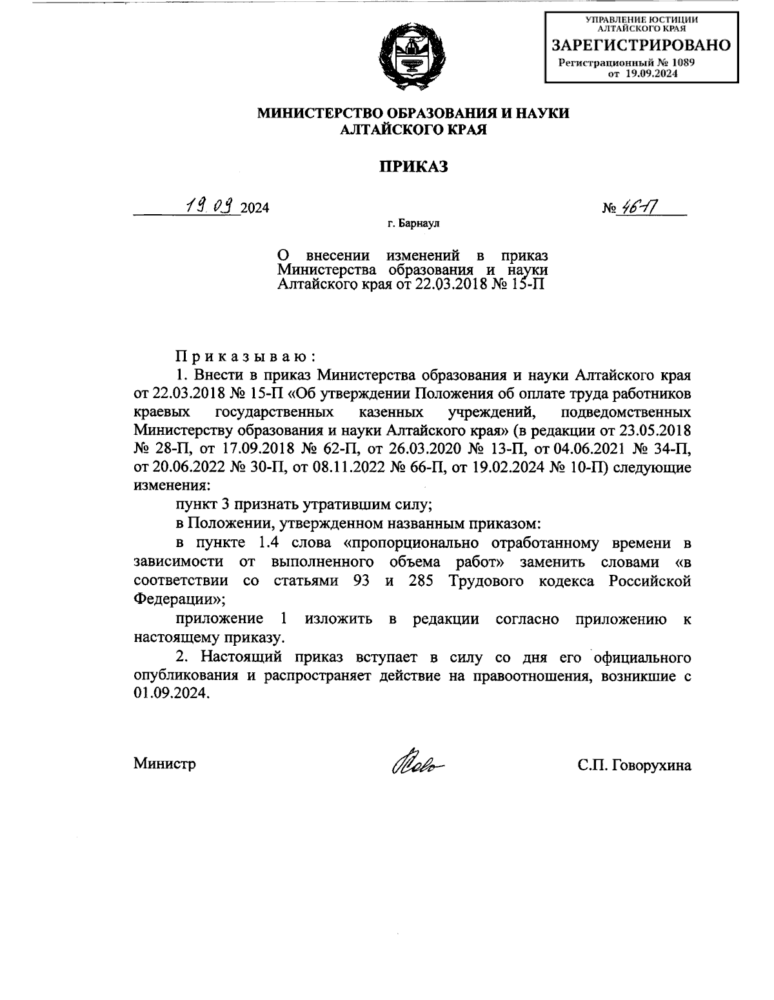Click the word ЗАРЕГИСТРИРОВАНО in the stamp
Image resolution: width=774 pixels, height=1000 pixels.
point(640,45)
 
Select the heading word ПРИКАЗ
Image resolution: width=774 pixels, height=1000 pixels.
point(413,166)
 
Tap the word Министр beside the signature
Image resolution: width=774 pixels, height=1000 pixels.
point(165,765)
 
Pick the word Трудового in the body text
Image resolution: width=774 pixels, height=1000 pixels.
point(481,581)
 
